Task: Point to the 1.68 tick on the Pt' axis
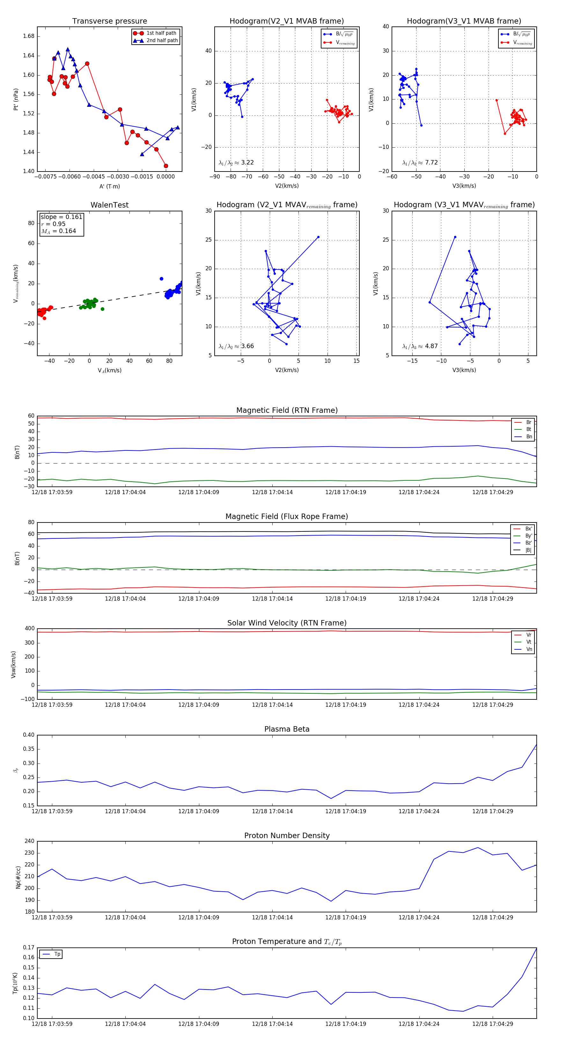(x=29, y=36)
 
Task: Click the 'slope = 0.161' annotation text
(x=61, y=217)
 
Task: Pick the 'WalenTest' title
(x=109, y=205)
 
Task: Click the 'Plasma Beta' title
(x=287, y=729)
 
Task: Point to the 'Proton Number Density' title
(x=287, y=836)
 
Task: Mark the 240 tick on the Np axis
(x=29, y=841)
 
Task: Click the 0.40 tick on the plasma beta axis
(x=29, y=735)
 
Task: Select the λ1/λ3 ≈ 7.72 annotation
(x=420, y=163)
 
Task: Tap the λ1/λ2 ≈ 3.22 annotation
(x=236, y=163)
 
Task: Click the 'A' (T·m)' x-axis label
(x=109, y=186)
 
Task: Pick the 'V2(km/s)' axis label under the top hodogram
(x=287, y=186)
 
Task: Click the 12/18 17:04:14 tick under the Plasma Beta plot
(x=272, y=811)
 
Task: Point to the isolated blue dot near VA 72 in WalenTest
(x=161, y=279)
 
